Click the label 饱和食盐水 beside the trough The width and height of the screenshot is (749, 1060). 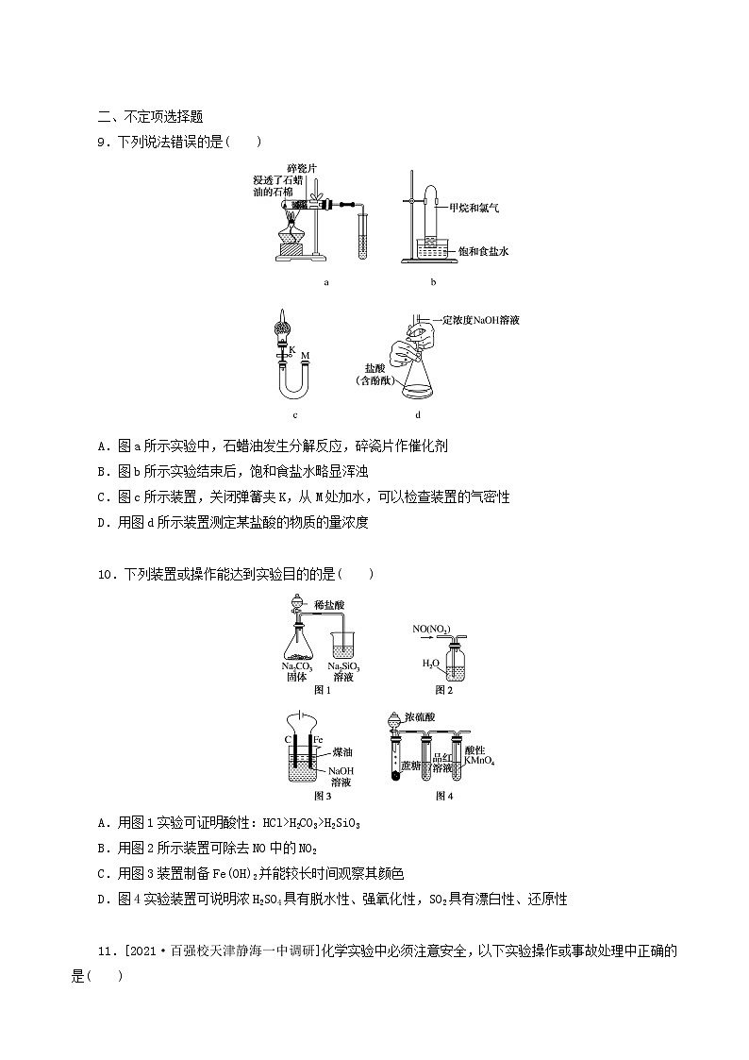483,251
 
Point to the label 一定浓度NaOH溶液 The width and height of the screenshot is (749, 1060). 478,321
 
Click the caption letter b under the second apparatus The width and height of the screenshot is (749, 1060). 432,281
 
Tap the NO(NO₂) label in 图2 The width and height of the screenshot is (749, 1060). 431,629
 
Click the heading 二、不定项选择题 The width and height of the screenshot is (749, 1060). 150,117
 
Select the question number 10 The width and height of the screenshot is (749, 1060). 106,574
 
